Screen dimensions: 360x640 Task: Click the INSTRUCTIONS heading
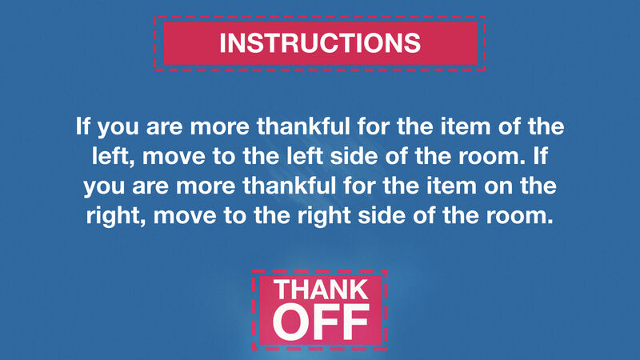(320, 42)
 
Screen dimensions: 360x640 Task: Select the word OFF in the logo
(320, 321)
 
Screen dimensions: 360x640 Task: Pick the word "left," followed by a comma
(110, 157)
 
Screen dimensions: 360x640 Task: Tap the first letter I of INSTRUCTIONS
(223, 42)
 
